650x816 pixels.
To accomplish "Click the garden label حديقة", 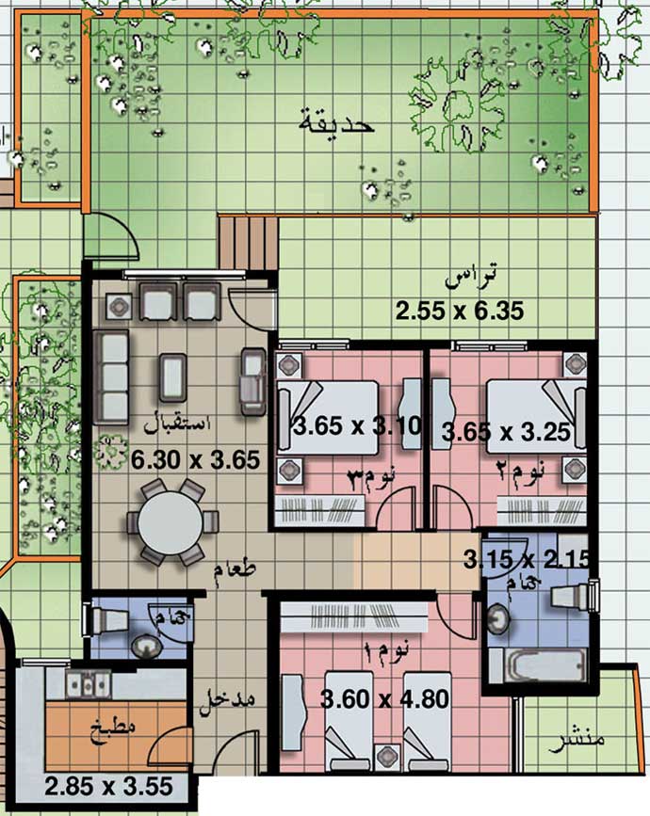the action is [336, 122].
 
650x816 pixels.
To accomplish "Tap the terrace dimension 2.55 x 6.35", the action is [460, 312].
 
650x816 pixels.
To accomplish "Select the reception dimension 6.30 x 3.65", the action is [195, 460].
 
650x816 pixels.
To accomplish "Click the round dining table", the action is [171, 522].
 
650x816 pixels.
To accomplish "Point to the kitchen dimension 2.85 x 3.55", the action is [108, 786].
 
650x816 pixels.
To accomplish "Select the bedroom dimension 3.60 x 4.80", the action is [385, 699].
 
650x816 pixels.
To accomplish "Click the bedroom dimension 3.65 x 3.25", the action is [505, 432].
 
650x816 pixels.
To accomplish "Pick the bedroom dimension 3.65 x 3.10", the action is [358, 426].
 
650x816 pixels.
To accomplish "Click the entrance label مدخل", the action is [228, 700].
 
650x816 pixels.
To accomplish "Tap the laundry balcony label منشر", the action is [577, 741].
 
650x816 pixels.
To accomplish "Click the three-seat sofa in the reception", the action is [112, 377].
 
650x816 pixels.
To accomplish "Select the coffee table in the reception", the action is [172, 377].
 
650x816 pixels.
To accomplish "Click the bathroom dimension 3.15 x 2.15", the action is [527, 559].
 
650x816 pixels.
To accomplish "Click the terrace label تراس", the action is [470, 277].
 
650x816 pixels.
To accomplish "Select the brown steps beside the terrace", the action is [248, 243].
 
